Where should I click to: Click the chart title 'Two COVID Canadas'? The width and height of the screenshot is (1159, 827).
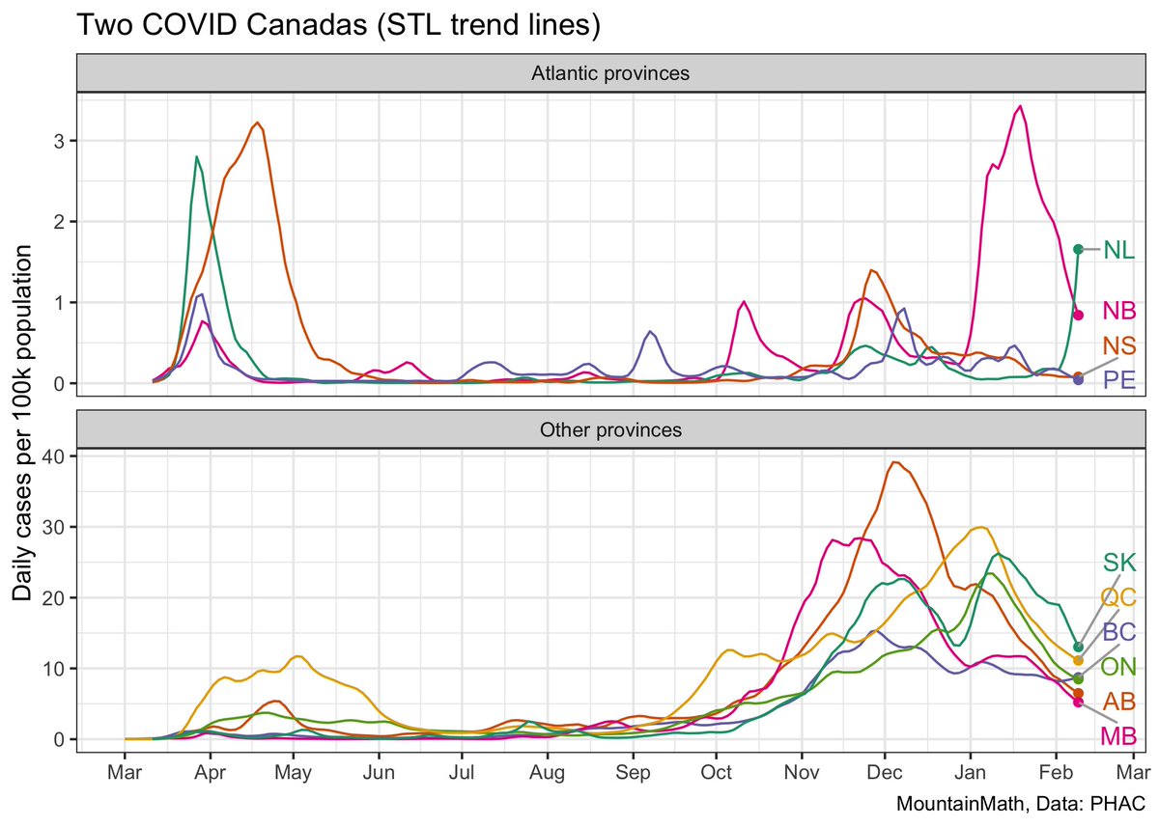[x=338, y=27]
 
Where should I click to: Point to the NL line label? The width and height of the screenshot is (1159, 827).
[x=1118, y=251]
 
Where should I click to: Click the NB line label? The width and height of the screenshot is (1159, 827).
[x=1118, y=311]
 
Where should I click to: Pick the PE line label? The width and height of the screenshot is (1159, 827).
[x=1118, y=378]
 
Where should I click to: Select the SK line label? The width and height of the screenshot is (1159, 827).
[x=1120, y=563]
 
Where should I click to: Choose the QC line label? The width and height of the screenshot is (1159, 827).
[x=1118, y=597]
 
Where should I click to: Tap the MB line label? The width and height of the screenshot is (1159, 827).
[x=1118, y=736]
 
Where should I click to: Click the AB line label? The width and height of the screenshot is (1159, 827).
[x=1118, y=701]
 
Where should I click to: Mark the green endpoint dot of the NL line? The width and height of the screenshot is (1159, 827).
[x=1078, y=249]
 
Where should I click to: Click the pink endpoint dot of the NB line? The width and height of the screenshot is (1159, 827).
[x=1078, y=315]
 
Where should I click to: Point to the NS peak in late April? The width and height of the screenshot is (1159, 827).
[x=257, y=123]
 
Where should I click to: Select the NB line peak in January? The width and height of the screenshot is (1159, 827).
[x=1020, y=106]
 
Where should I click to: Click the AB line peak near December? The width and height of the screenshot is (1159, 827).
[x=895, y=462]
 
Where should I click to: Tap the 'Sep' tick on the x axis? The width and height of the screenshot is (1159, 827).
[x=633, y=773]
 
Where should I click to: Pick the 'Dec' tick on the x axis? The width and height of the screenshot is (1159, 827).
[x=884, y=773]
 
